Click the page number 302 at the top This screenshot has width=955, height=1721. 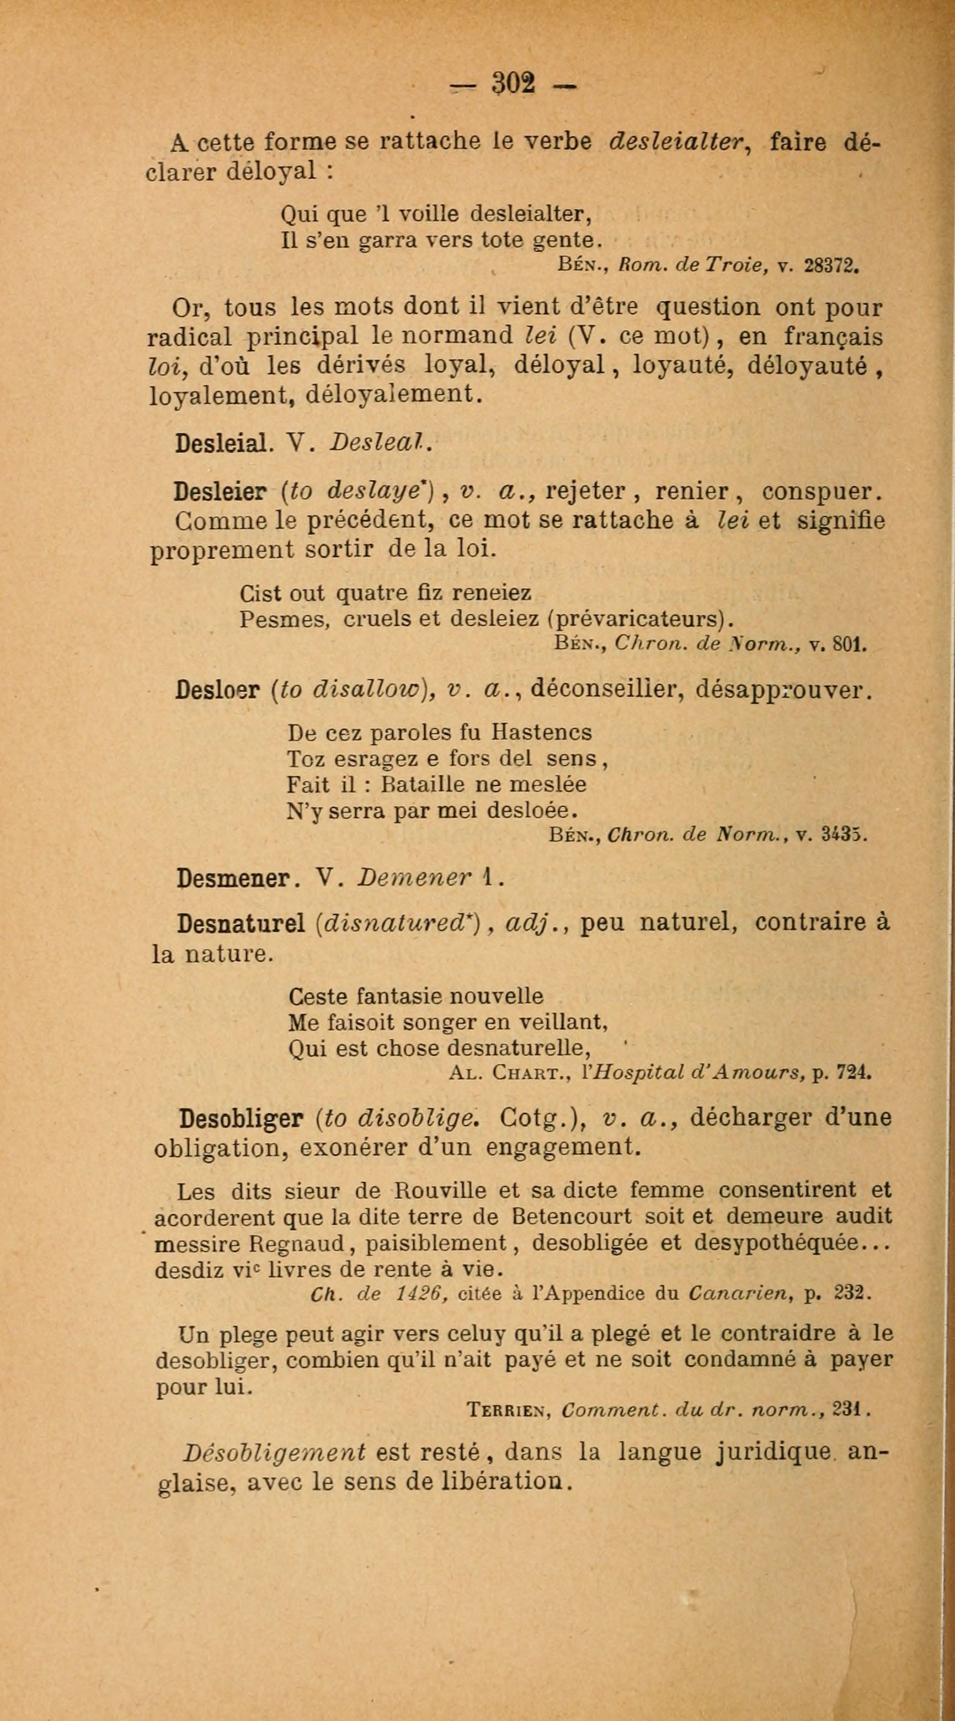[513, 85]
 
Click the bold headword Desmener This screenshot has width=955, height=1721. [233, 878]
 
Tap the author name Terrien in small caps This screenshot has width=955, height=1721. [508, 1411]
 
